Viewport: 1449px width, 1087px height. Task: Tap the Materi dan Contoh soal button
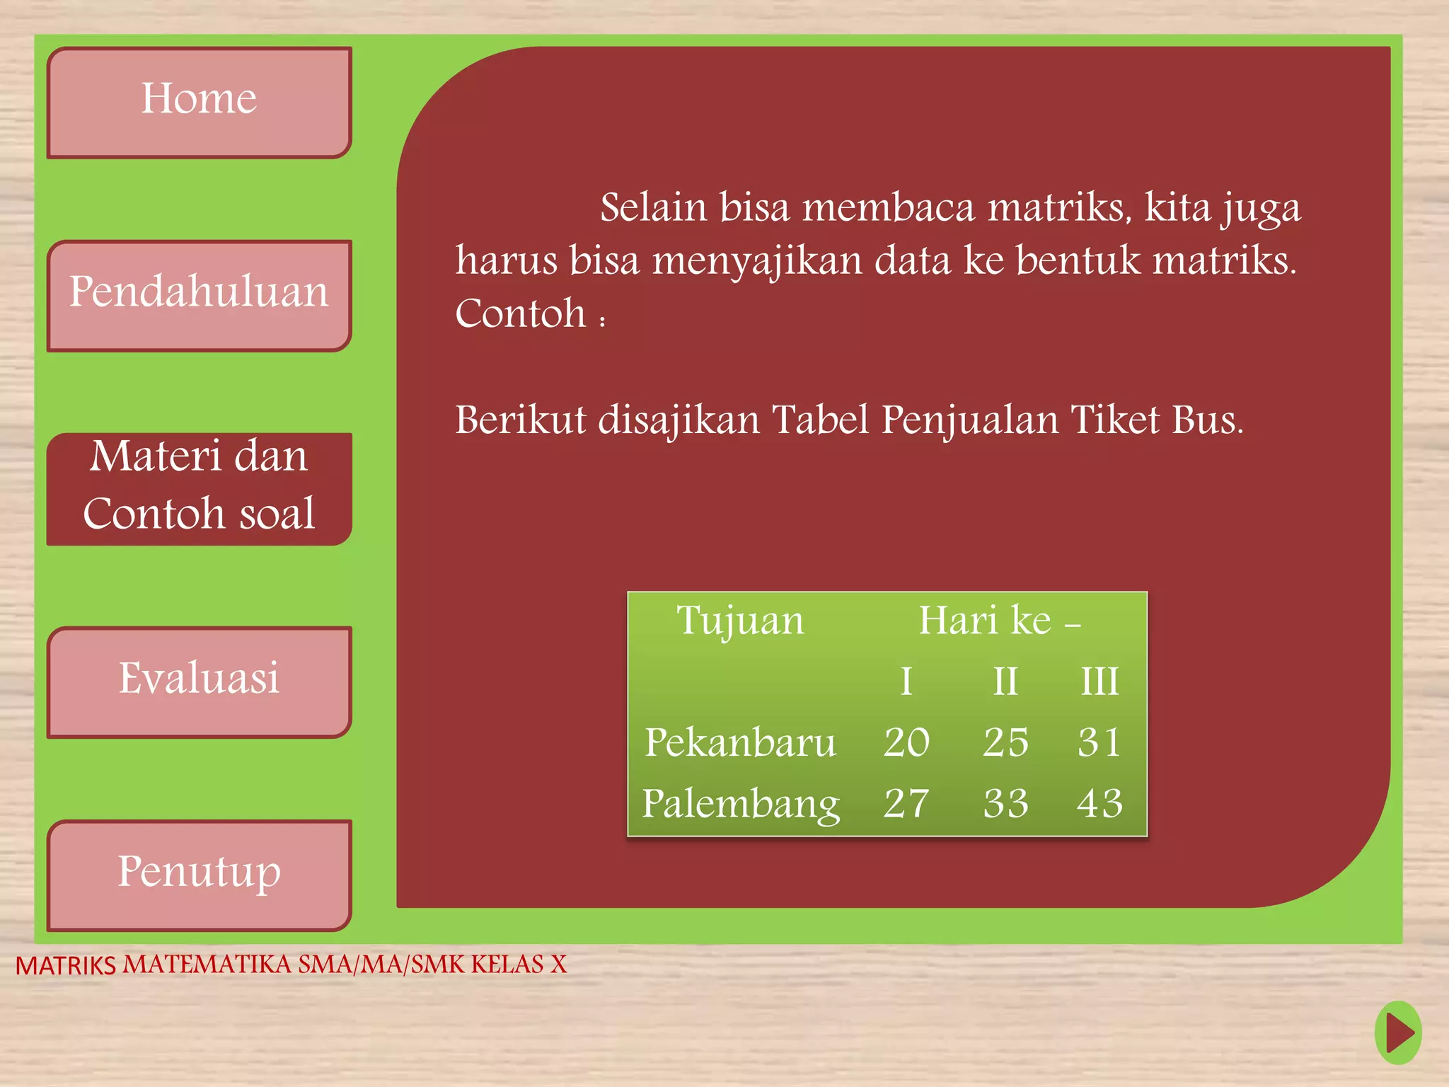point(199,488)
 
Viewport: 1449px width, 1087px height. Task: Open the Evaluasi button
point(199,681)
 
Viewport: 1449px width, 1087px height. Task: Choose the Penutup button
point(199,874)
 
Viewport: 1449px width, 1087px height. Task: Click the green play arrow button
point(1398,1033)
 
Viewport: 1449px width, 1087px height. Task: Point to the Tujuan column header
point(740,621)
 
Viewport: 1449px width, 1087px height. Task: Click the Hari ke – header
point(998,621)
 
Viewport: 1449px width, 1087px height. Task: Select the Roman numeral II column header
point(1005,681)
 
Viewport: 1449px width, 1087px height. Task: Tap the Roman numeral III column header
point(1099,681)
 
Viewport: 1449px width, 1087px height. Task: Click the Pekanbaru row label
point(740,742)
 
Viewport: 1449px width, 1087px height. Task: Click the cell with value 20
point(906,742)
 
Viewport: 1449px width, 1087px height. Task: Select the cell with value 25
point(1005,742)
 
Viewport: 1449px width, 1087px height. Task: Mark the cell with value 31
point(1099,742)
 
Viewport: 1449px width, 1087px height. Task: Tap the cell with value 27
point(906,804)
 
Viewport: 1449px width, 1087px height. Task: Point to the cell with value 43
point(1099,804)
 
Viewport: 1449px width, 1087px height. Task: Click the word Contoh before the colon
point(521,314)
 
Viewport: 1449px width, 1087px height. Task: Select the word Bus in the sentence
point(1206,420)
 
